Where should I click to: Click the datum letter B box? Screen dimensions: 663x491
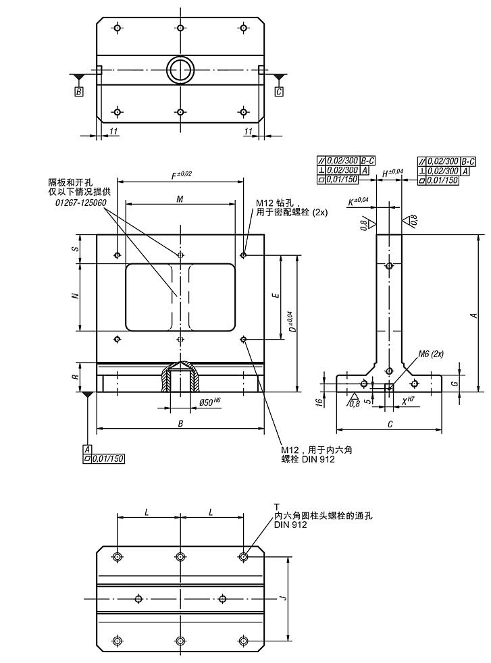pyautogui.click(x=79, y=92)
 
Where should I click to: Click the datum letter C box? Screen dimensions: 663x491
pyautogui.click(x=278, y=92)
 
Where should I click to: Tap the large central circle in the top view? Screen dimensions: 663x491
pyautogui.click(x=180, y=69)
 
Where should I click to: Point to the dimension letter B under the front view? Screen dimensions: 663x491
pyautogui.click(x=180, y=423)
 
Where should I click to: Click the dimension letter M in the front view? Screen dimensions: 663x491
pyautogui.click(x=179, y=198)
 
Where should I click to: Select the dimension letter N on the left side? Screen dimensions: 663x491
pyautogui.click(x=76, y=295)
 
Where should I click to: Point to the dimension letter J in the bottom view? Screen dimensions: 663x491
pyautogui.click(x=284, y=598)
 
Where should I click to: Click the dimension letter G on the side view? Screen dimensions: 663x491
pyautogui.click(x=455, y=382)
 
